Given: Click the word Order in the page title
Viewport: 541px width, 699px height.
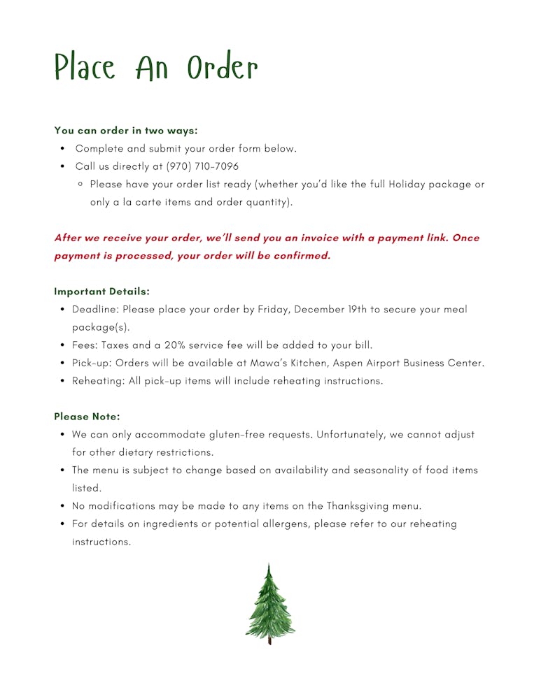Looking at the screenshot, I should point(223,68).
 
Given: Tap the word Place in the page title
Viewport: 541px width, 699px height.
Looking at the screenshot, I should point(85,68).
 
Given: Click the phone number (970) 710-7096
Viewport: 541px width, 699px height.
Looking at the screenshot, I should point(202,166).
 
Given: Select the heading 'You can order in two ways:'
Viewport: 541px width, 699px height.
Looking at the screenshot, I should point(126,130).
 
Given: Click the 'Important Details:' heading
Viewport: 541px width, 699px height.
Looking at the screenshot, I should point(101,291).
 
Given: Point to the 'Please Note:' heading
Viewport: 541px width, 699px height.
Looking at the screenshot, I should point(87,417).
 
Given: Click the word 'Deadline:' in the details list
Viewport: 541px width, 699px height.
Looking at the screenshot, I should point(95,309).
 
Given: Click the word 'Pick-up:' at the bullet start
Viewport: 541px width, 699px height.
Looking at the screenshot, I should point(92,363).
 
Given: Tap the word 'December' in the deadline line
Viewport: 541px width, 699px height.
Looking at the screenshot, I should point(319,309).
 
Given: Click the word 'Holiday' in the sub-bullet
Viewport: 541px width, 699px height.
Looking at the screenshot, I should point(407,185).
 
